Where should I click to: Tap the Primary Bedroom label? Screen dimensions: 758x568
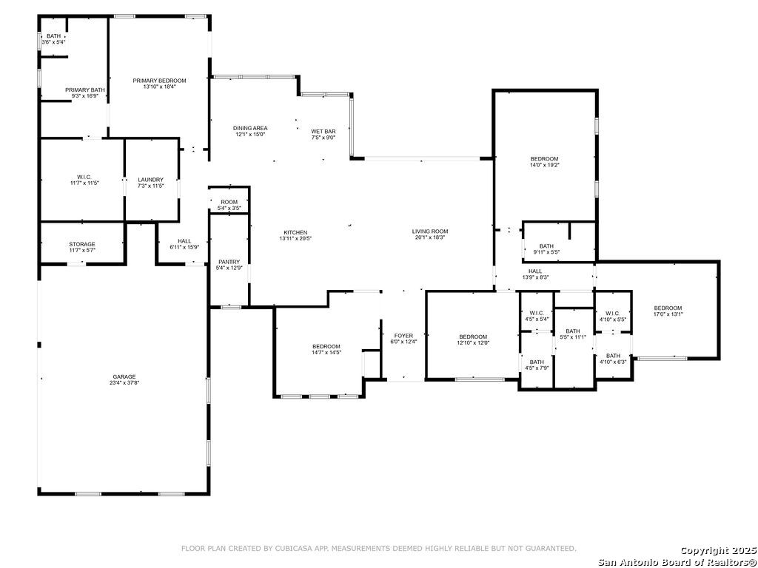[x=160, y=81]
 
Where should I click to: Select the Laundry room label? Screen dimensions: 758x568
[x=151, y=180]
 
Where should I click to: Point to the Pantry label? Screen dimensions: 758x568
[x=229, y=262]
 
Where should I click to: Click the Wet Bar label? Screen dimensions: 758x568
[x=323, y=132]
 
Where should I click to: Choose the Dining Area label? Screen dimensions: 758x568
[x=250, y=128]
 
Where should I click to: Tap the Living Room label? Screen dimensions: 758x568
[x=430, y=231]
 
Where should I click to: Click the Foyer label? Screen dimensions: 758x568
[x=403, y=336]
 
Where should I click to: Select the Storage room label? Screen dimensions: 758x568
[x=82, y=244]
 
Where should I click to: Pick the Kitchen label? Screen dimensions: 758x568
[x=295, y=232]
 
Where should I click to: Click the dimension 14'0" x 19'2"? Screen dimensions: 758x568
[x=544, y=165]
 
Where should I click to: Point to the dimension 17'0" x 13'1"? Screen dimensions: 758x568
[x=668, y=314]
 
